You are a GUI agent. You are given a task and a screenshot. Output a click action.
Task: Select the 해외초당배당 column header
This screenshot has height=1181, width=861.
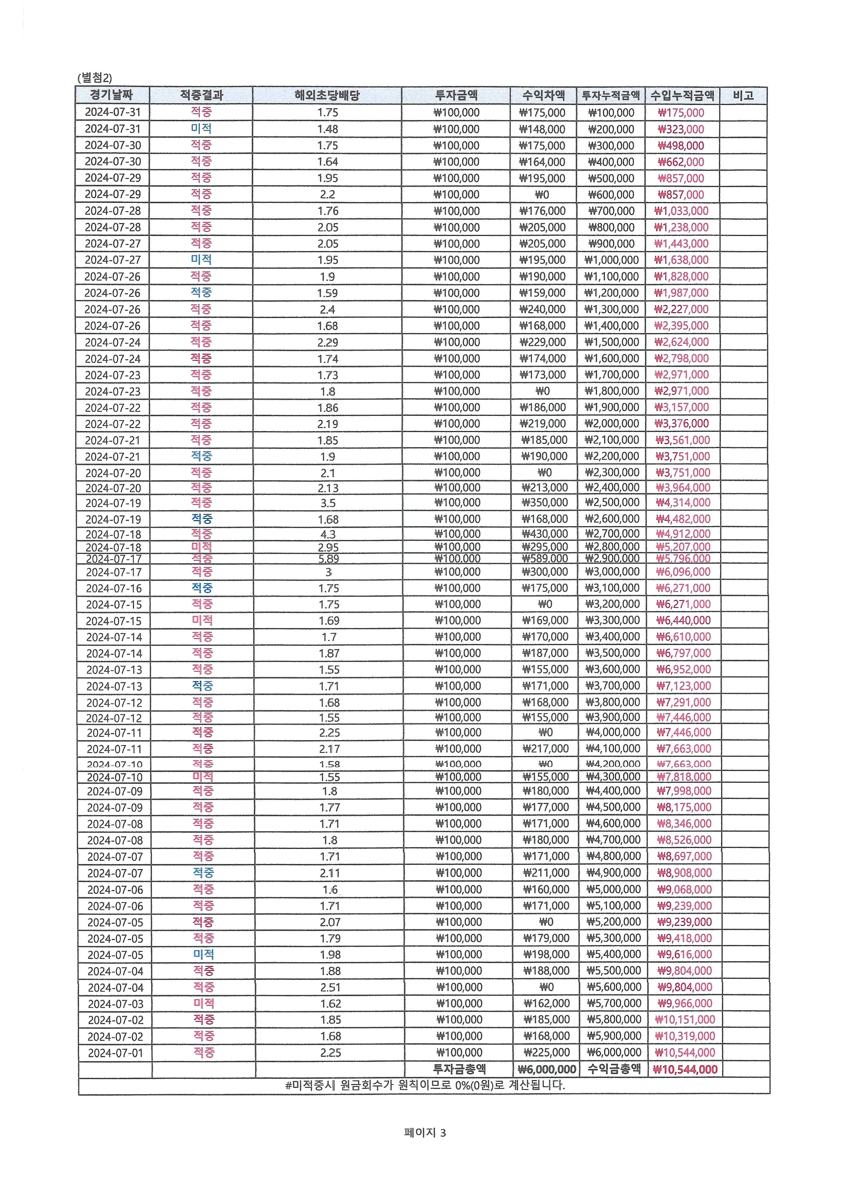tap(327, 95)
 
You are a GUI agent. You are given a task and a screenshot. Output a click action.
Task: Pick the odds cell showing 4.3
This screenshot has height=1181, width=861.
tap(328, 534)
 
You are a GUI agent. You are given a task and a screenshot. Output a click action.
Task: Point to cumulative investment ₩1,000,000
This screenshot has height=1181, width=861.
tap(611, 260)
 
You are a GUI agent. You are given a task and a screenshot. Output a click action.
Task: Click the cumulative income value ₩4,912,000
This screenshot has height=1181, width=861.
tap(683, 534)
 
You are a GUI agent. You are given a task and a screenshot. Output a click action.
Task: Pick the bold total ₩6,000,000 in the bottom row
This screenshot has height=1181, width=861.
tap(546, 1069)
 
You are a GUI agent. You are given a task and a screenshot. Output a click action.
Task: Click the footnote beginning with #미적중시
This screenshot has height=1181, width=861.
tap(425, 1085)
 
